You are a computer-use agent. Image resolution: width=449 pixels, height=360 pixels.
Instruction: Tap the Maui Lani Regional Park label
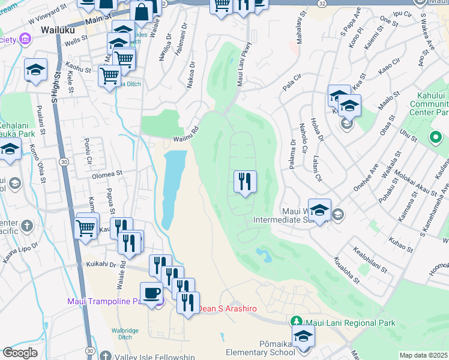(351, 323)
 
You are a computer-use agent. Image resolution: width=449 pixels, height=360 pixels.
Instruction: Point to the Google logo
(20, 353)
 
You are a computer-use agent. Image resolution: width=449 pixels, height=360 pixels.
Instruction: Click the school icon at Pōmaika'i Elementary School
(303, 336)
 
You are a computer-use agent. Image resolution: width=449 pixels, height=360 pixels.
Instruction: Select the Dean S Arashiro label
(228, 308)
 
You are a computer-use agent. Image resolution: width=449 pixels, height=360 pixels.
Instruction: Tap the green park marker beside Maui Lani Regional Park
(295, 323)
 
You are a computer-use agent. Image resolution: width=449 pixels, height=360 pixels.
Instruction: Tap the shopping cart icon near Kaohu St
(110, 76)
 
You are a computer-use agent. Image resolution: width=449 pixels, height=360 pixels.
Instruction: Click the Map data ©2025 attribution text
(424, 355)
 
